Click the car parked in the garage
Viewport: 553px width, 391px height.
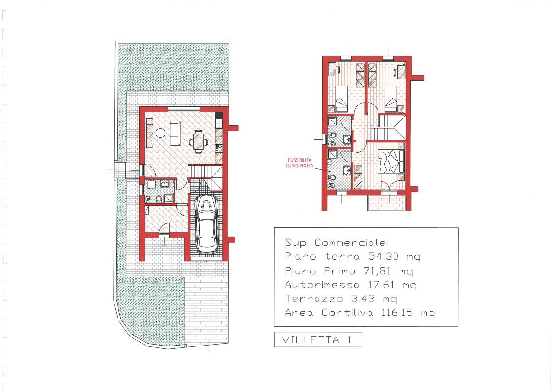[207, 224]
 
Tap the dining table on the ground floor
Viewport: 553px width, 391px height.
[198, 142]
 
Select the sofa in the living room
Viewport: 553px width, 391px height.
[175, 133]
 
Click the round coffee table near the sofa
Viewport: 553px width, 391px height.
[160, 134]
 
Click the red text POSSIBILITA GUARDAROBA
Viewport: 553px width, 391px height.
[299, 163]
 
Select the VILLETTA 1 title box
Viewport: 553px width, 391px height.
[318, 340]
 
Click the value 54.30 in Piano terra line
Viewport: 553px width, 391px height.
[383, 256]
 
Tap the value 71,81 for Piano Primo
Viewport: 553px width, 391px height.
[377, 271]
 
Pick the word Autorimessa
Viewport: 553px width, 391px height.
[322, 285]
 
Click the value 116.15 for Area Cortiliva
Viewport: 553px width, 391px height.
[397, 313]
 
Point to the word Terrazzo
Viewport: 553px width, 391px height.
[314, 299]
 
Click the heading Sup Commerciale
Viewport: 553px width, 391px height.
[337, 243]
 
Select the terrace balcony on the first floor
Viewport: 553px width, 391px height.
[387, 203]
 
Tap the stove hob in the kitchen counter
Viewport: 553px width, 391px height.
[219, 148]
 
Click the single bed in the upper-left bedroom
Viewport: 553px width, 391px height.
[342, 99]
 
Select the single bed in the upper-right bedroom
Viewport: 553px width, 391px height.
[391, 99]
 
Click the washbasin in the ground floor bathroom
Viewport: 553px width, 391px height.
[165, 184]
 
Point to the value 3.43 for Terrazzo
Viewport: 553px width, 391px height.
[363, 299]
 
